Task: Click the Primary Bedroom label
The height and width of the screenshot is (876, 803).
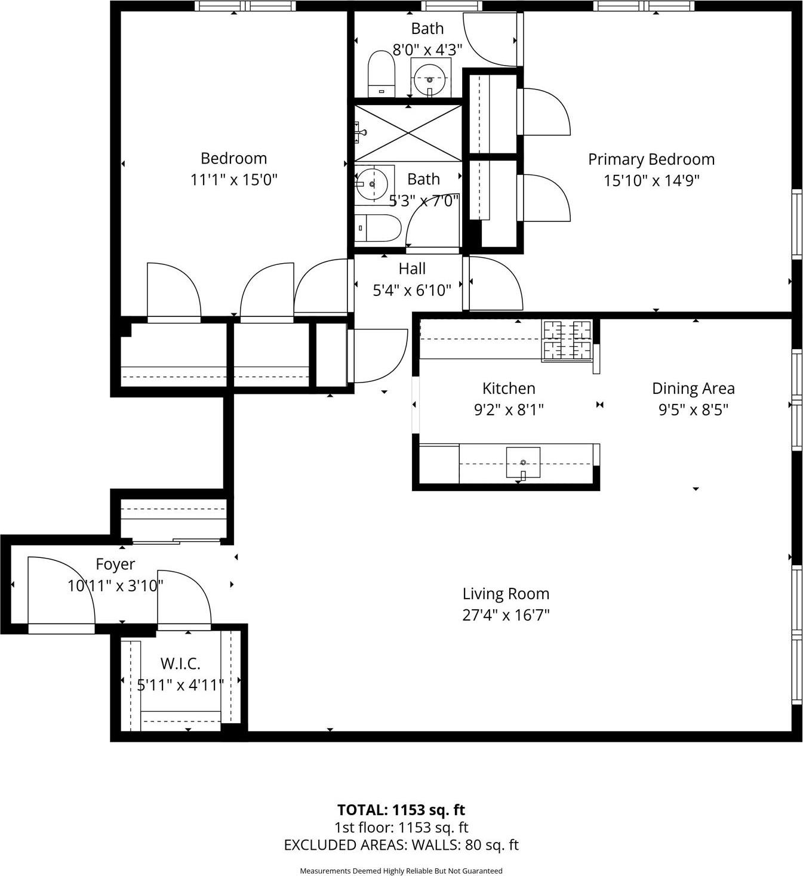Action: [x=651, y=159]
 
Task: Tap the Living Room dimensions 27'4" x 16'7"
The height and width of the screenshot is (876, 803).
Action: [x=506, y=615]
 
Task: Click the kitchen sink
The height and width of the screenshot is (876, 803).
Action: [x=523, y=463]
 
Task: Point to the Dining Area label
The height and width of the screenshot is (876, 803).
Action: [x=693, y=388]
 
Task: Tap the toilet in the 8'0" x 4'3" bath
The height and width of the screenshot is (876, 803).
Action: [x=381, y=74]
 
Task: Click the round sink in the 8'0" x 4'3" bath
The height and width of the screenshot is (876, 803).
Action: [x=429, y=78]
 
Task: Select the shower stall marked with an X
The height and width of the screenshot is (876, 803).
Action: [x=408, y=132]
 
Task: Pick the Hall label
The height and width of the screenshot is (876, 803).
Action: [x=412, y=269]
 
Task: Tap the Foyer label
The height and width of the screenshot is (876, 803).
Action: [x=115, y=564]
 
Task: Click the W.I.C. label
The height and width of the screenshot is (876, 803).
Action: [x=180, y=664]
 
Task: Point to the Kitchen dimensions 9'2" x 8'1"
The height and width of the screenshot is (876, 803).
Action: [x=509, y=410]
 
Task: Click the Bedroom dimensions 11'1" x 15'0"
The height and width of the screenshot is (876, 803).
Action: [x=234, y=180]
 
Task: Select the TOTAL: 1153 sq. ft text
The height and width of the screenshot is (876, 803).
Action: [x=401, y=810]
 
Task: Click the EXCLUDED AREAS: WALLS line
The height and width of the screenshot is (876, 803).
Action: [x=401, y=845]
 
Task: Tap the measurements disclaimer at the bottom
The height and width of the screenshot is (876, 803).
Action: [x=401, y=871]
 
